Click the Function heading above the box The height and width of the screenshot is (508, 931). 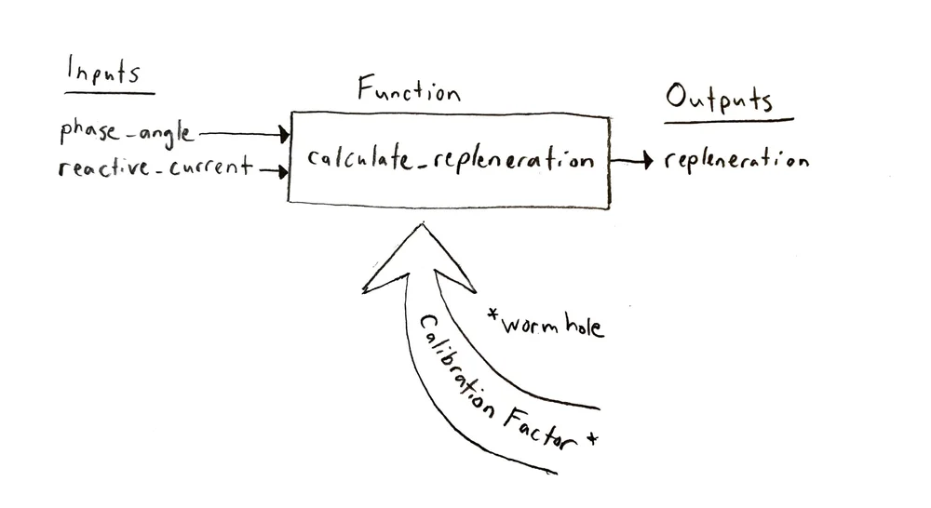pyautogui.click(x=409, y=91)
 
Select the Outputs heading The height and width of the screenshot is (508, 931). pyautogui.click(x=718, y=98)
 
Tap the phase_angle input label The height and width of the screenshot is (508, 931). pyautogui.click(x=127, y=132)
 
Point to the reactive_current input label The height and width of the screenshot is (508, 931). pyautogui.click(x=154, y=167)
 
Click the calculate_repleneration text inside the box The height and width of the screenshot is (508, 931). pyautogui.click(x=451, y=159)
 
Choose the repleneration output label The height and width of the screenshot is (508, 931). pyautogui.click(x=736, y=160)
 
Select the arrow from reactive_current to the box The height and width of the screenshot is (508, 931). pyautogui.click(x=272, y=170)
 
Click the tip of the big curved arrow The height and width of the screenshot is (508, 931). pyautogui.click(x=424, y=225)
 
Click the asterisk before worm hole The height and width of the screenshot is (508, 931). pyautogui.click(x=493, y=316)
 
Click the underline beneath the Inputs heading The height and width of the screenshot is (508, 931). pyautogui.click(x=110, y=92)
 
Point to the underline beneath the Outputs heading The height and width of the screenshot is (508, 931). pyautogui.click(x=728, y=120)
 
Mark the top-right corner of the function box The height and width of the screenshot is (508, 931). pyautogui.click(x=610, y=118)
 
